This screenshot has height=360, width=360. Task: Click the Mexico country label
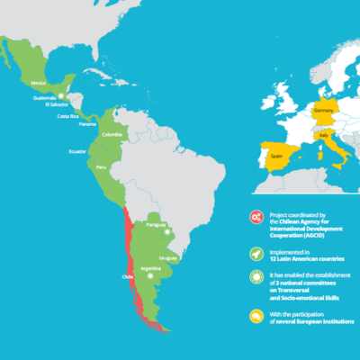(39, 82)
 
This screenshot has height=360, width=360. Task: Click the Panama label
(87, 124)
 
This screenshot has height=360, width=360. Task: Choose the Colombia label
(112, 136)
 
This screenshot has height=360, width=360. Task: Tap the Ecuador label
(77, 151)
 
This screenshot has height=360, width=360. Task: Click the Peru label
(101, 167)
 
